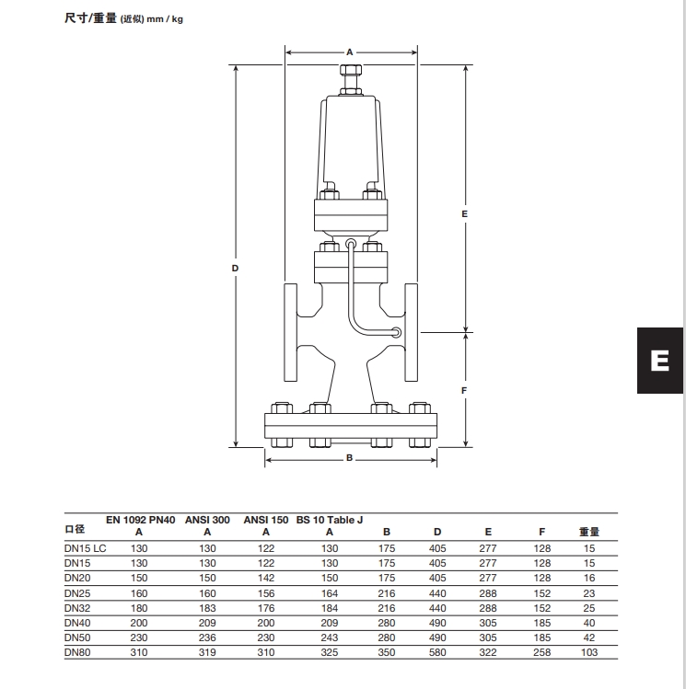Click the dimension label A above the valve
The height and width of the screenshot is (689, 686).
click(350, 52)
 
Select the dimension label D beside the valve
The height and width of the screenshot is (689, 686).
click(235, 269)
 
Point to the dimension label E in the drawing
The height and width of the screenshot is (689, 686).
click(465, 213)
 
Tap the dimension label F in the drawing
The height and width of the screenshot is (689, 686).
click(465, 390)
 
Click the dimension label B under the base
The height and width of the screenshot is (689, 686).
click(350, 458)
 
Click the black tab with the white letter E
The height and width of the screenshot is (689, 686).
click(660, 361)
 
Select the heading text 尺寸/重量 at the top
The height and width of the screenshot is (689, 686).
click(91, 18)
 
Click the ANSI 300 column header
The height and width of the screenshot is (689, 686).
click(207, 520)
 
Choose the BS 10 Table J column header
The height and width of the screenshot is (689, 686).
click(330, 520)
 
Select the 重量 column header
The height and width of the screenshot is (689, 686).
click(589, 532)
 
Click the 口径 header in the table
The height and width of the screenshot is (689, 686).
click(75, 530)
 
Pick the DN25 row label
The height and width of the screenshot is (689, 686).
click(77, 593)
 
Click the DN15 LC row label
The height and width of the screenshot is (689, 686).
click(85, 548)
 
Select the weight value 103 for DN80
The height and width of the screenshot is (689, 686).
click(589, 652)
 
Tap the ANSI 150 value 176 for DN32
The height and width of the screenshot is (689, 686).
click(266, 608)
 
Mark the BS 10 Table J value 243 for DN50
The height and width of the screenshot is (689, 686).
click(330, 637)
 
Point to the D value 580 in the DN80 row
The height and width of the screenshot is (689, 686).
click(437, 652)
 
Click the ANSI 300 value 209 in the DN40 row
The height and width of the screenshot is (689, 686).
click(207, 623)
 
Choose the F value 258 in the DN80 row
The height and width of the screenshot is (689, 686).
click(542, 652)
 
